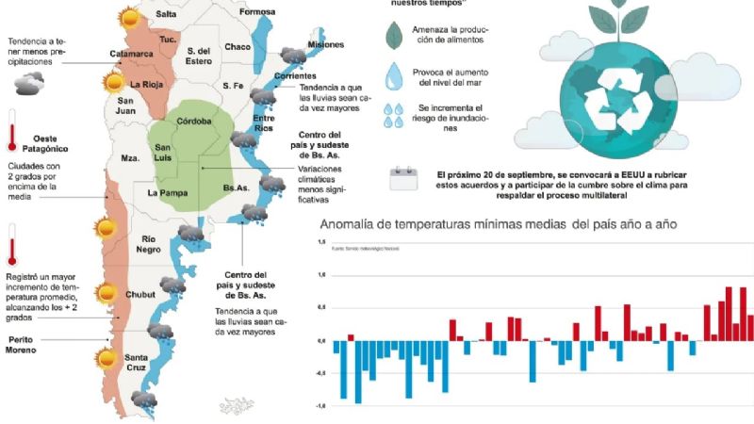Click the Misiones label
[x=326, y=44]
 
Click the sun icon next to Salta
[x=126, y=16]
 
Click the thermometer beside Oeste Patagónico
[x=11, y=130]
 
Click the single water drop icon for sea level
[x=396, y=75]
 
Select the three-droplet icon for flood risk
[x=396, y=116]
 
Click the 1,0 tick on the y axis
[x=322, y=275]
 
